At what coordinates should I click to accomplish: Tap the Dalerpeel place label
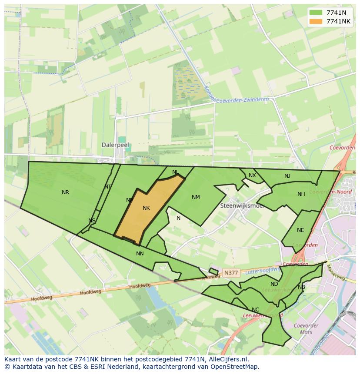click(x=115, y=145)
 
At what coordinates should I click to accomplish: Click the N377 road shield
click(x=231, y=273)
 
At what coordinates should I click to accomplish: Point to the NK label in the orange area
click(x=146, y=208)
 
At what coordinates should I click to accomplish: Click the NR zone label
click(x=65, y=192)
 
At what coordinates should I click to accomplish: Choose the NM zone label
click(x=196, y=197)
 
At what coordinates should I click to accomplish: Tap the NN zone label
click(x=140, y=254)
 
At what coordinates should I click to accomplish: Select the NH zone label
click(x=301, y=194)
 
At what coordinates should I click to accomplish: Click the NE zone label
click(x=300, y=230)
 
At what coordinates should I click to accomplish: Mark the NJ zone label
click(x=287, y=176)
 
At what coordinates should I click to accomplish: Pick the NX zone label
click(x=252, y=175)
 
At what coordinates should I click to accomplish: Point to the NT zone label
click(x=108, y=187)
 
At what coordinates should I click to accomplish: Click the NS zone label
click(x=92, y=221)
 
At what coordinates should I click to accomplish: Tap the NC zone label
click(x=255, y=310)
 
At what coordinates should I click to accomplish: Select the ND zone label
click(x=274, y=284)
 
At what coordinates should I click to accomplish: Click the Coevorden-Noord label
click(x=326, y=192)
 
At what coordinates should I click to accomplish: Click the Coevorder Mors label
click(x=306, y=329)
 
